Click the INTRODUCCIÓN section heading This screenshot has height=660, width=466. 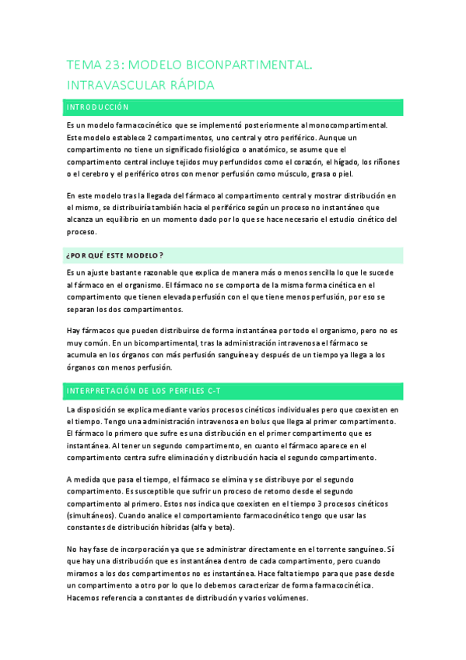pos(97,107)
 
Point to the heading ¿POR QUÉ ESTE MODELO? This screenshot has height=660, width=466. pos(114,255)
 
